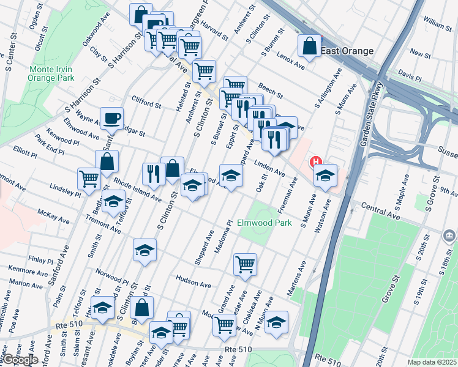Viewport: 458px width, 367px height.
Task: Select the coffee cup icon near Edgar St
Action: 111,118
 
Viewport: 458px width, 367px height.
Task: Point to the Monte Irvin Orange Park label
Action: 51,73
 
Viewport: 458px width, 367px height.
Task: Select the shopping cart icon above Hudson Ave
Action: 245,264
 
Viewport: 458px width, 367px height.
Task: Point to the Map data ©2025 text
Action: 432,362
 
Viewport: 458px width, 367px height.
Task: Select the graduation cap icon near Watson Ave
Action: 325,174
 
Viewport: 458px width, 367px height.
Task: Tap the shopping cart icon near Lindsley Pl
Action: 89,178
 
